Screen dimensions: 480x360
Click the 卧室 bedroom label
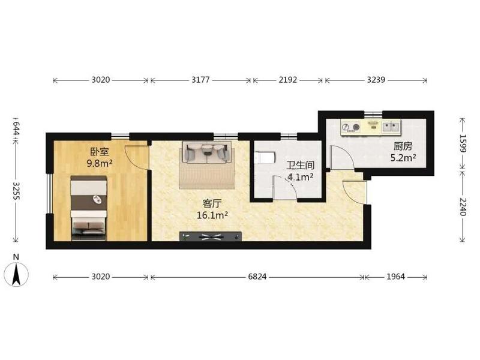100,152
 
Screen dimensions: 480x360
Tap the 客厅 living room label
212,203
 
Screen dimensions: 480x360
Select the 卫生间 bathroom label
301,166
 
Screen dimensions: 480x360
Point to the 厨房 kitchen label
403,146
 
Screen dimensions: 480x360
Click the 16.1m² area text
212,215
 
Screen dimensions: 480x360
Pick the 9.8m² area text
100,163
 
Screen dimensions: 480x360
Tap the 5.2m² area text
403,158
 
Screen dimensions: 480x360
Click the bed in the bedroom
89,208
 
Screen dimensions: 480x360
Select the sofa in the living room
206,152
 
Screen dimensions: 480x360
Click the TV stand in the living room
211,236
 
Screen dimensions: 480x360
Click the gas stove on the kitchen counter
350,127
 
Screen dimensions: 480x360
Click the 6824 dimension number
257,277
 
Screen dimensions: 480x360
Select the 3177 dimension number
200,80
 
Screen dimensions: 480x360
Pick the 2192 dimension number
288,80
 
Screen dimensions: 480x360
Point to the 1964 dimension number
395,277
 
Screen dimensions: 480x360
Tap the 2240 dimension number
462,206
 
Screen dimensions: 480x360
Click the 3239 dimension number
376,80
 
